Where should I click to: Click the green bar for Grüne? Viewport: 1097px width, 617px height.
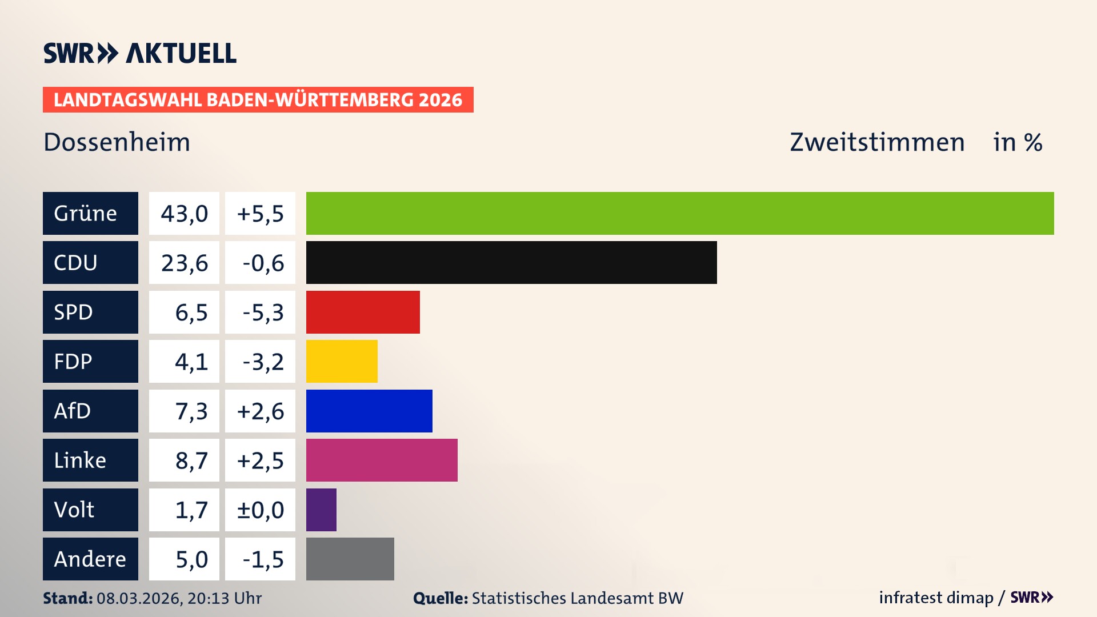pos(680,213)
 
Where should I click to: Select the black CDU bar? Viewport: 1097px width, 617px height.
pos(511,262)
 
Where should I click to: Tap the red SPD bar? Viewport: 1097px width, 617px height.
pos(363,312)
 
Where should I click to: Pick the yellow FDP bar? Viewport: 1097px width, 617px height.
pos(342,361)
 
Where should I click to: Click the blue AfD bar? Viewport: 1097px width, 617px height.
pos(369,411)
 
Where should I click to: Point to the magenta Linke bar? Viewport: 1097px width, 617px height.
pos(382,460)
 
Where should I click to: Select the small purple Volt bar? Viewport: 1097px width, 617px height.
pos(321,510)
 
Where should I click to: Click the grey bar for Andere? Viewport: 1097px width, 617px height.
pos(350,559)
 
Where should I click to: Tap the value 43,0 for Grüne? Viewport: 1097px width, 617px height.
pos(184,213)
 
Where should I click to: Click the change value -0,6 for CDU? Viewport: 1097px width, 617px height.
pos(261,263)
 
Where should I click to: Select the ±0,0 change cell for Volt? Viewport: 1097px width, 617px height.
pos(261,510)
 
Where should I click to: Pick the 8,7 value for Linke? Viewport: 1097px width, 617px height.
pos(191,460)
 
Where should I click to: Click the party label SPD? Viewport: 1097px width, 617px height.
pos(74,312)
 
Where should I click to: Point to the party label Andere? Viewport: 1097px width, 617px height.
pos(90,559)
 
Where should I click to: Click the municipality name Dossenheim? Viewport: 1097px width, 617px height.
pos(117,142)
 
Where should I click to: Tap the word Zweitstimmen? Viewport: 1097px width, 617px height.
pos(876,142)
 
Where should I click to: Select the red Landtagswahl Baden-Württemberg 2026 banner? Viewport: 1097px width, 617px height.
pos(258,99)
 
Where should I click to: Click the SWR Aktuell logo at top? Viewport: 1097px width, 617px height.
pos(139,53)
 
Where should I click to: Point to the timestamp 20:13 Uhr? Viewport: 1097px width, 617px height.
pos(224,598)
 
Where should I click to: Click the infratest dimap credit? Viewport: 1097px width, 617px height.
pos(936,598)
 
